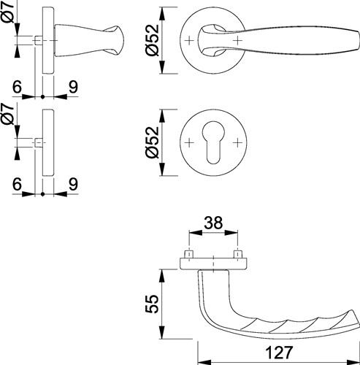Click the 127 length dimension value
coord(279,352)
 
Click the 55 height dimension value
coord(152,304)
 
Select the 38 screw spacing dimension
coord(213,223)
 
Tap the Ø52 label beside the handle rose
coord(152,40)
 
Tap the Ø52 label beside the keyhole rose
coord(152,142)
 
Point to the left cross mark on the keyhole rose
coord(189,142)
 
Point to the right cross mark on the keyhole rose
coord(237,142)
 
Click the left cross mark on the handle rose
coord(189,40)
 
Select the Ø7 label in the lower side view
coord(8,115)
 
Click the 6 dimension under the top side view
coord(17,87)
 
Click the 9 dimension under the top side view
coord(73,87)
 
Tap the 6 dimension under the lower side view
coord(17,185)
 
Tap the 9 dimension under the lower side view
coord(73,185)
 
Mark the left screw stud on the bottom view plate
coord(189,254)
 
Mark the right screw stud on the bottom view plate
coord(237,254)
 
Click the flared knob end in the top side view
coord(115,40)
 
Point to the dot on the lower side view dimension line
coord(43,194)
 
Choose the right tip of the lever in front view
coord(359,40)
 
